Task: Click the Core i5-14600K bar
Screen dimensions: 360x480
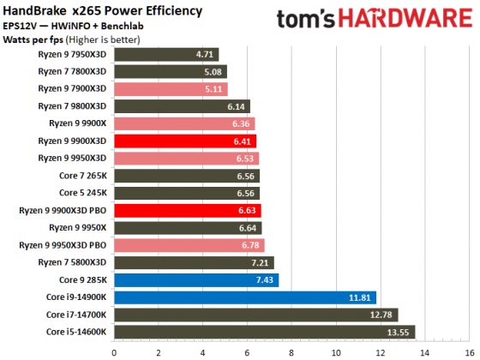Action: [264, 332]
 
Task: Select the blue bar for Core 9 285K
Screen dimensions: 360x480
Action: [196, 279]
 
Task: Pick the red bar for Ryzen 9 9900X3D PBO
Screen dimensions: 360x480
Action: [187, 210]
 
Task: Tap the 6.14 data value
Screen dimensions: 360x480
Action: [237, 106]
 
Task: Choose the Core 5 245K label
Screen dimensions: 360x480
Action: [80, 193]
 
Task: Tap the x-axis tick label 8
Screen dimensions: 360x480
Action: [291, 351]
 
